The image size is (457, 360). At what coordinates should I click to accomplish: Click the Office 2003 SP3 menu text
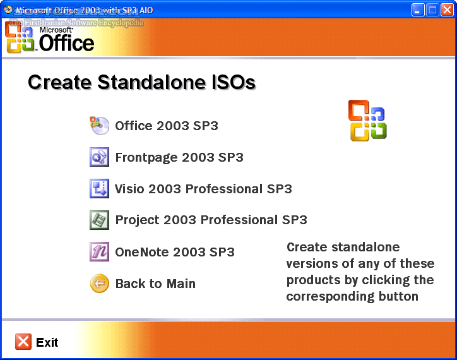click(x=167, y=126)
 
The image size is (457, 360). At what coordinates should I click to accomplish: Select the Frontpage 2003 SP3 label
click(x=179, y=157)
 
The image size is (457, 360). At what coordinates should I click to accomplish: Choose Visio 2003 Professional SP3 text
click(x=203, y=189)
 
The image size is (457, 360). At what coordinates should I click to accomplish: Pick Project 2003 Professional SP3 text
click(x=211, y=220)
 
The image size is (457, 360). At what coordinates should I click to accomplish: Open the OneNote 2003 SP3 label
click(x=175, y=252)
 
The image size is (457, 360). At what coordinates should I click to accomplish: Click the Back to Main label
click(x=155, y=284)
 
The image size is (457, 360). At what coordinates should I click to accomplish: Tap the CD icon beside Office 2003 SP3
click(x=100, y=126)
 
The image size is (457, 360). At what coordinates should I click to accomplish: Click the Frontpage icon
click(x=100, y=157)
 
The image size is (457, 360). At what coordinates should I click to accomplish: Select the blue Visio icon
click(x=100, y=189)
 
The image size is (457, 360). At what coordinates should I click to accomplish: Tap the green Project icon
click(x=100, y=220)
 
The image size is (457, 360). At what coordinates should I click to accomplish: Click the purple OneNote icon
click(x=100, y=252)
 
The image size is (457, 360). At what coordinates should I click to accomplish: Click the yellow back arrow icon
click(x=100, y=284)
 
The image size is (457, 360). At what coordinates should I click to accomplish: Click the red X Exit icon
click(x=23, y=342)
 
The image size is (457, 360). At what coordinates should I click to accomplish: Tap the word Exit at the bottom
click(x=47, y=342)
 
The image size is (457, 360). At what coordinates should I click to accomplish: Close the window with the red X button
click(x=447, y=9)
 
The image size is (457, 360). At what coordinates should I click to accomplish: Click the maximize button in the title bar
click(x=433, y=9)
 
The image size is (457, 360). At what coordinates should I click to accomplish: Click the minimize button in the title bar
click(x=418, y=9)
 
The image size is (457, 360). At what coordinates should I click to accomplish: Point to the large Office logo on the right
click(x=367, y=120)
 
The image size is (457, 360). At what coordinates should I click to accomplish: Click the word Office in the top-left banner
click(x=66, y=43)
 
